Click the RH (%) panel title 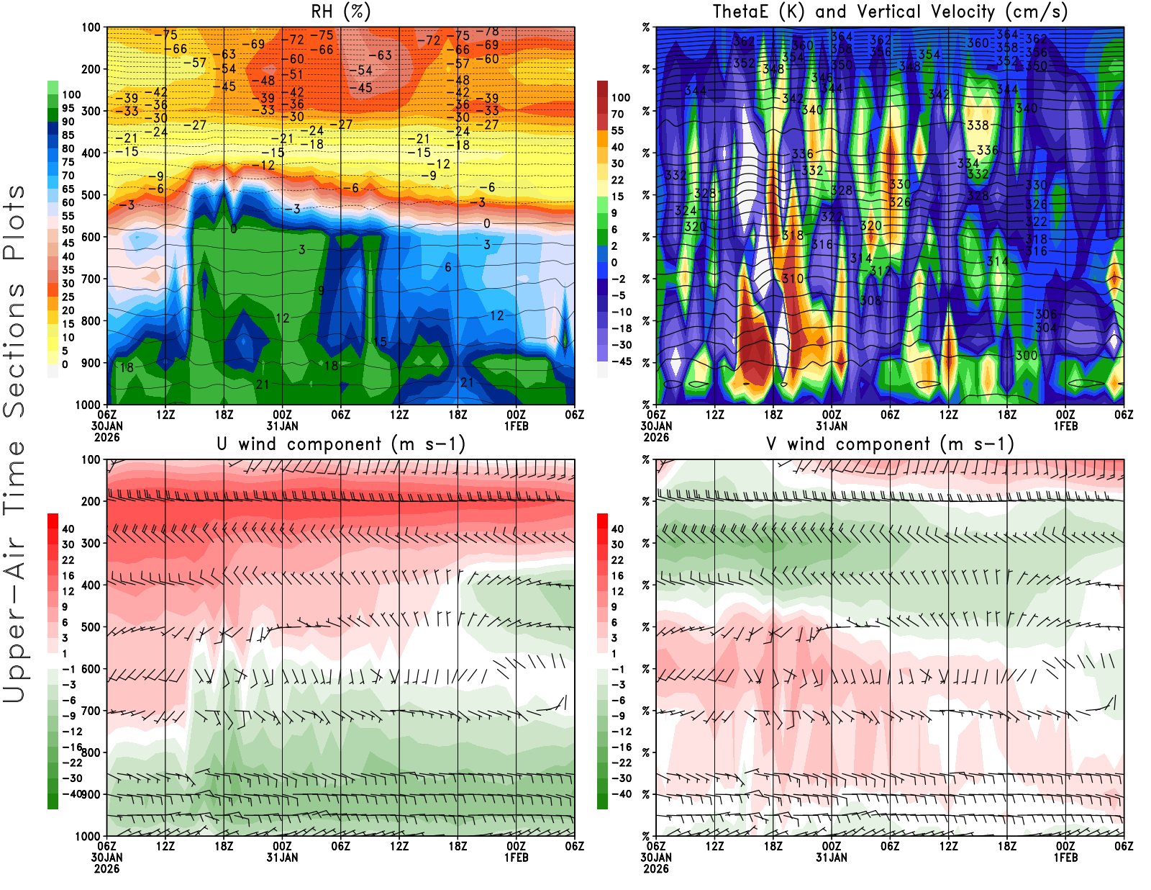point(340,12)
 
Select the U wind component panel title point(340,444)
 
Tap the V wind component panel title point(890,444)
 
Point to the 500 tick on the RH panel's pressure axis point(91,195)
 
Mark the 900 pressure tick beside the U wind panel point(91,794)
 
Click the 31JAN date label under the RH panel point(282,426)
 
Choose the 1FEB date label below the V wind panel point(1065,858)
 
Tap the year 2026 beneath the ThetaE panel point(656,437)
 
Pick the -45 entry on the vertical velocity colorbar point(622,361)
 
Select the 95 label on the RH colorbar point(68,108)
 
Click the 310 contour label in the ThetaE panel point(793,279)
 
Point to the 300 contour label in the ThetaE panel point(1027,356)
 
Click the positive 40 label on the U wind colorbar point(68,529)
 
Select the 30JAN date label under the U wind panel point(106,858)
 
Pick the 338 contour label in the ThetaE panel point(978,125)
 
